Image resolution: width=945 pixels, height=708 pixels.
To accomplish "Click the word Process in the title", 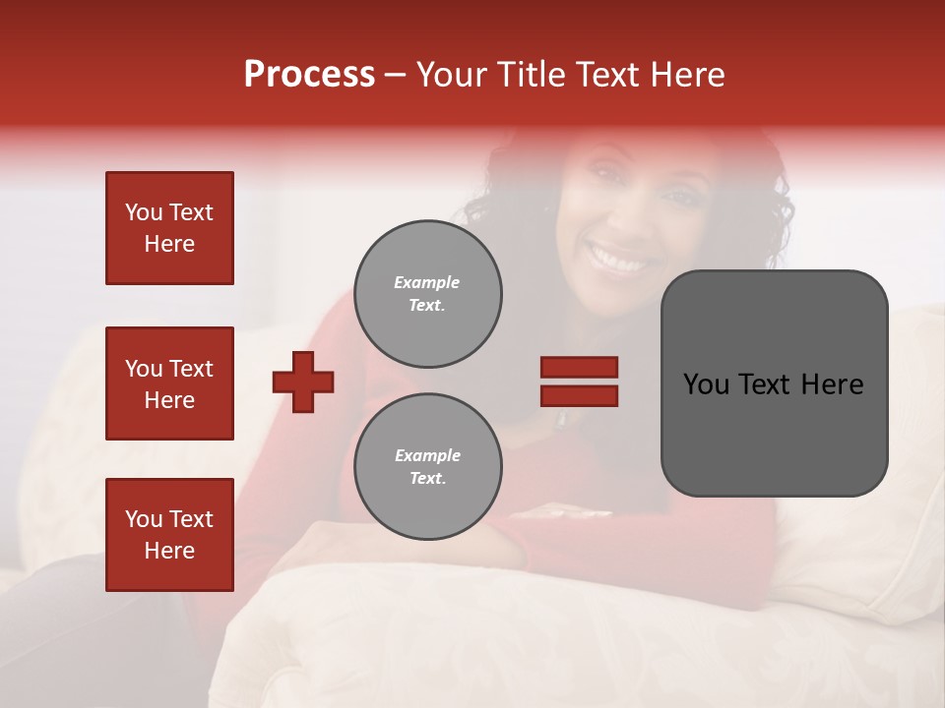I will (x=309, y=75).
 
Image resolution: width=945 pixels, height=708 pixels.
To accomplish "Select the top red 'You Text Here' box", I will (x=169, y=228).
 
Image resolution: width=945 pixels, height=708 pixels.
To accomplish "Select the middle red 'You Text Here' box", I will (x=169, y=383).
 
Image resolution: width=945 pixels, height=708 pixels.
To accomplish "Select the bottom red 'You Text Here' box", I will (x=169, y=535).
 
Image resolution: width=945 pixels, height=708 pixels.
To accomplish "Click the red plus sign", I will (x=303, y=382).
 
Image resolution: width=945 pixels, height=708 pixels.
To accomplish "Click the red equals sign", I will (x=579, y=382).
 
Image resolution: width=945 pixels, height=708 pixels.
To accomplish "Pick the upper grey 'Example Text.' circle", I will (x=428, y=294).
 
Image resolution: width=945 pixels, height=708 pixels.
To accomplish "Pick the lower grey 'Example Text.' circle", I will (x=428, y=467).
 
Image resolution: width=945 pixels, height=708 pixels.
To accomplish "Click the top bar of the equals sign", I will (x=579, y=368).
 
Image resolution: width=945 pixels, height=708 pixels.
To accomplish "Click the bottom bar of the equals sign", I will (x=579, y=395).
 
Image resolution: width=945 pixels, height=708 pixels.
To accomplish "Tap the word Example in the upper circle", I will (x=426, y=282).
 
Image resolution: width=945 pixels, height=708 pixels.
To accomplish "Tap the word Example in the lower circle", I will (x=427, y=455).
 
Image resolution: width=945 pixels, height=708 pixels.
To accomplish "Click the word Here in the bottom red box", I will (x=169, y=551).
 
